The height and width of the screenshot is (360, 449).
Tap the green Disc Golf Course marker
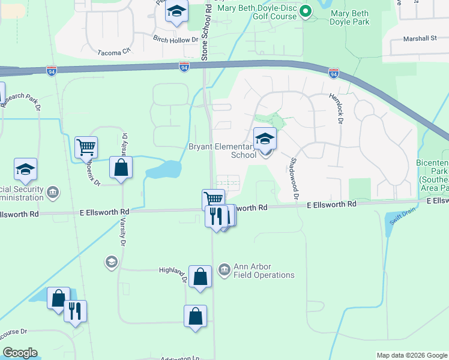click(306, 11)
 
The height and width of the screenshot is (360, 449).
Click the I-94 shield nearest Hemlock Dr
click(334, 73)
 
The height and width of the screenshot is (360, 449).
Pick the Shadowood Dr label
click(294, 177)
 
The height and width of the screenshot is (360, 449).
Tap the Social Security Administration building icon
click(53, 192)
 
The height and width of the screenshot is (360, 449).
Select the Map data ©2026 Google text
click(411, 355)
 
